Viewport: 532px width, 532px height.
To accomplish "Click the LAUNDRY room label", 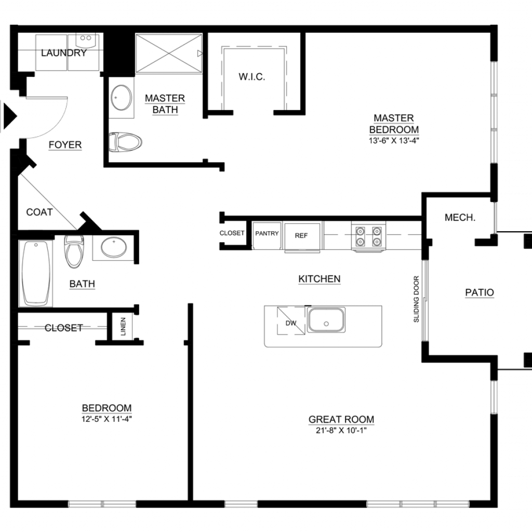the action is point(64,53).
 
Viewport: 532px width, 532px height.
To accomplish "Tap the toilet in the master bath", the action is point(125,142).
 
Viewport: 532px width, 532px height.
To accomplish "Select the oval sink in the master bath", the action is point(121,98).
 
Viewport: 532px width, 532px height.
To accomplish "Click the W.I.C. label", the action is point(252,77).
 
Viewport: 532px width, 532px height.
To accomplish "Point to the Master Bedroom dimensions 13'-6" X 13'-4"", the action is point(394,140).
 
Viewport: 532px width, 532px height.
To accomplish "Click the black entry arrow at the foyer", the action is point(10,116).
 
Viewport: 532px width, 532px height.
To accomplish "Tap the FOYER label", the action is point(65,145).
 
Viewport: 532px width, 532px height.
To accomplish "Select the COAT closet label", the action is point(39,212).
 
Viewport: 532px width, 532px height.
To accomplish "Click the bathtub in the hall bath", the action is point(36,273).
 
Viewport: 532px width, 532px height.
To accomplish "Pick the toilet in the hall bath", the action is point(74,251).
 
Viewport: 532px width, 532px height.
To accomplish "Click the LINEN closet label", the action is point(123,326).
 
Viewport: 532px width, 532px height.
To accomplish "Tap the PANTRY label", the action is point(267,233).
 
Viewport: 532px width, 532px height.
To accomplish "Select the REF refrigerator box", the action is point(301,236).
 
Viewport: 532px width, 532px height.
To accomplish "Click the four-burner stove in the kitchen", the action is point(368,236).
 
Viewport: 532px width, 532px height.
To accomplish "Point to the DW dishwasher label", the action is point(291,323).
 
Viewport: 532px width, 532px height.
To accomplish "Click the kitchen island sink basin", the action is point(326,320).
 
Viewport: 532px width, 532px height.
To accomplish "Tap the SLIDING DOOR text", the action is point(416,299).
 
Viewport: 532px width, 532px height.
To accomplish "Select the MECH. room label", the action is point(460,218).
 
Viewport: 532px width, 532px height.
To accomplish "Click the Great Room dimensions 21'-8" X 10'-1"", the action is point(341,431).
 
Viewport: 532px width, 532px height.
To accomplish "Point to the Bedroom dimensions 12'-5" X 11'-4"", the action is point(107,419).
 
